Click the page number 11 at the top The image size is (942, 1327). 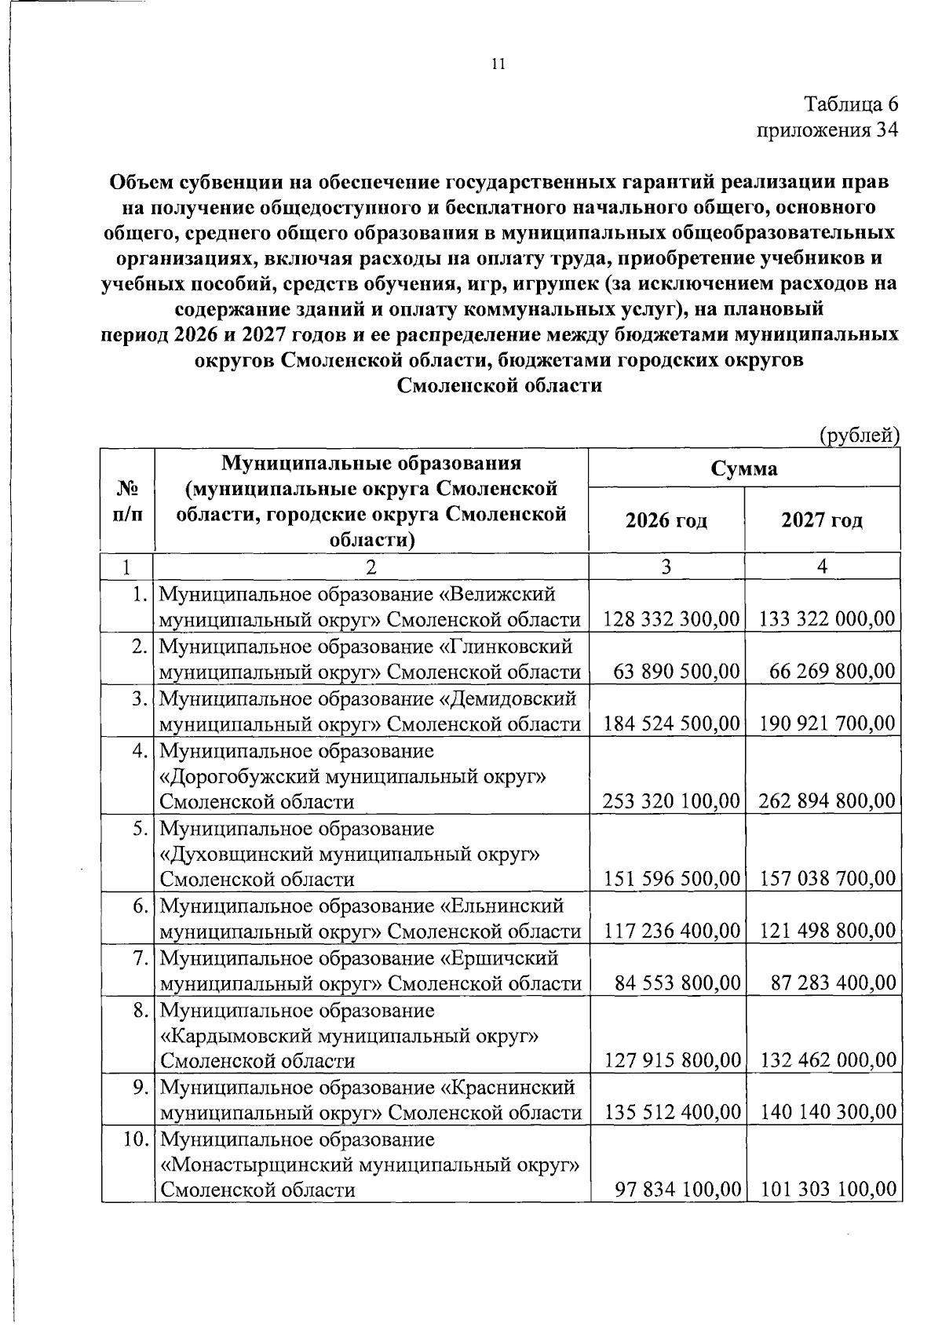pyautogui.click(x=497, y=64)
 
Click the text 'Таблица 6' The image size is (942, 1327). pyautogui.click(x=851, y=104)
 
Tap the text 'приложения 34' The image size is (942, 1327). pyautogui.click(x=827, y=129)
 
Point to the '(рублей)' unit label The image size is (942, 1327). pyautogui.click(x=859, y=435)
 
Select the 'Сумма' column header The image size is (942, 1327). pyautogui.click(x=743, y=468)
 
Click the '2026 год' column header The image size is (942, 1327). pyautogui.click(x=666, y=520)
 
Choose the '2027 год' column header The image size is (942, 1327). pyautogui.click(x=822, y=520)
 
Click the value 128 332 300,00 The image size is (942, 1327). pyautogui.click(x=671, y=620)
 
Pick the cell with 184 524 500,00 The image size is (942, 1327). pyautogui.click(x=671, y=724)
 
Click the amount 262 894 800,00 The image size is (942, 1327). pyautogui.click(x=827, y=801)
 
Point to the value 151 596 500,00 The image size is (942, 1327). pyautogui.click(x=671, y=879)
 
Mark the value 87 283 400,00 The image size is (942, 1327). pyautogui.click(x=833, y=982)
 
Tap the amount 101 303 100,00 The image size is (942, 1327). pyautogui.click(x=827, y=1190)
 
